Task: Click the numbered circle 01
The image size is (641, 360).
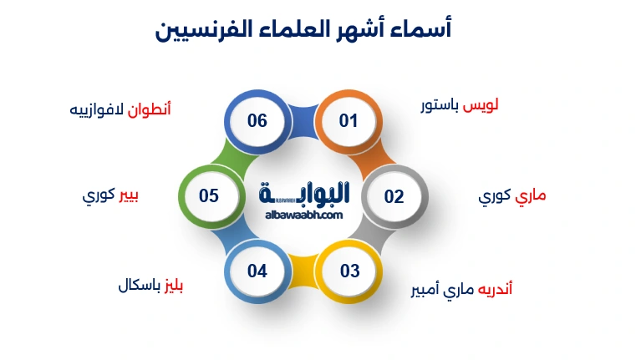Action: click(348, 121)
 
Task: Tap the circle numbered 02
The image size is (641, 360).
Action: click(394, 197)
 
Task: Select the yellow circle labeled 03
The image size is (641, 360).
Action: click(349, 271)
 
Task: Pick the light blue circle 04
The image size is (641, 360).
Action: click(257, 271)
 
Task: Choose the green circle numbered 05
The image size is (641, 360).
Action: click(209, 196)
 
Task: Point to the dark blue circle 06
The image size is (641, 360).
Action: click(257, 121)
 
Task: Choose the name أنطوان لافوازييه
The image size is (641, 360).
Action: click(120, 109)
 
